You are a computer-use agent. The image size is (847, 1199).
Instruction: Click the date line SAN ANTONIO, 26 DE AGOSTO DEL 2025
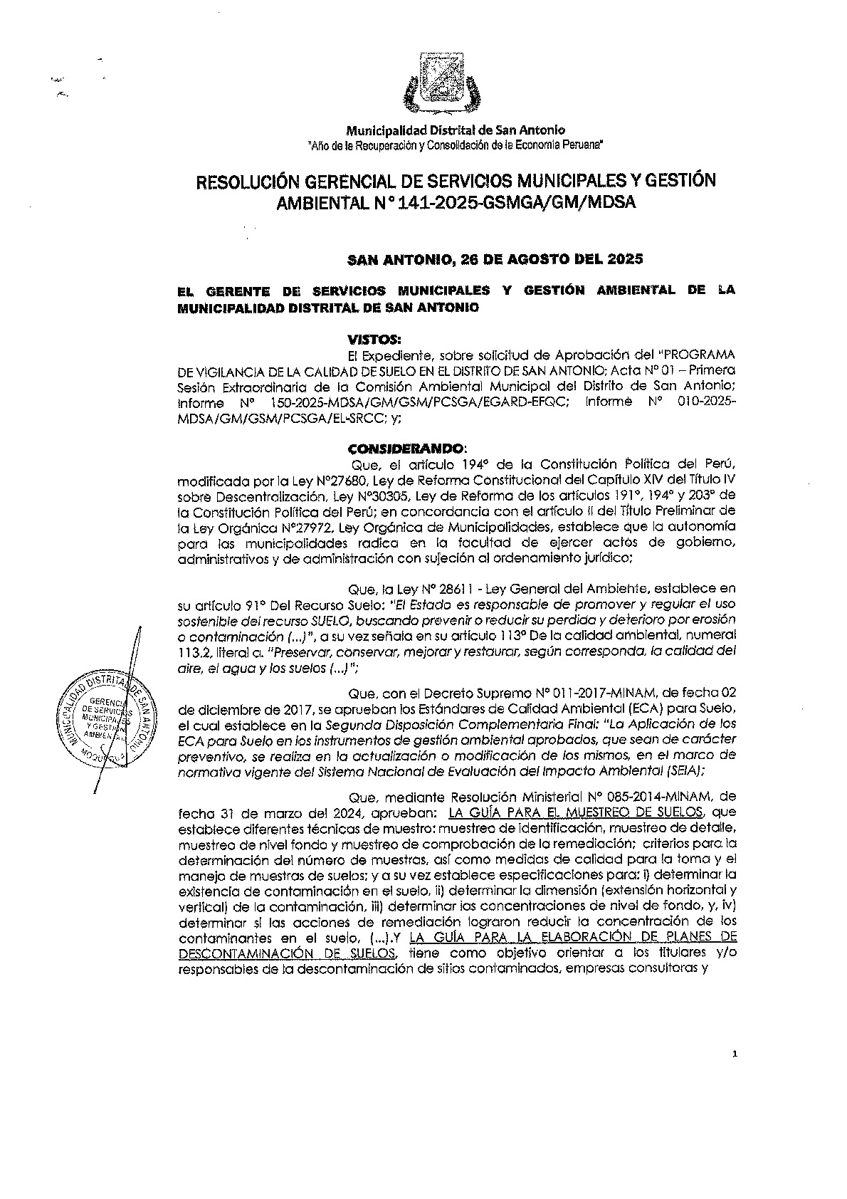[x=495, y=259]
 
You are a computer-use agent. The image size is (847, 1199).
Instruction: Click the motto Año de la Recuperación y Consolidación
[x=456, y=145]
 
